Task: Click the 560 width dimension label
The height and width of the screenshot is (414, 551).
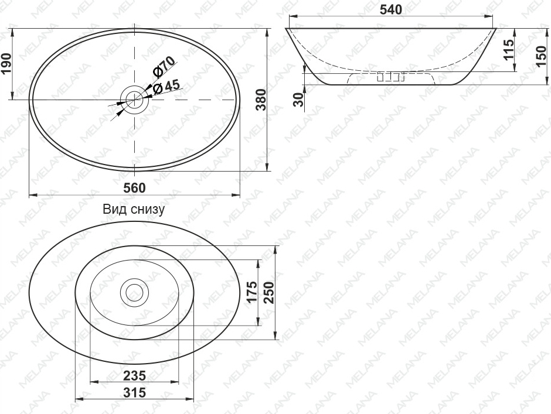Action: [134, 188]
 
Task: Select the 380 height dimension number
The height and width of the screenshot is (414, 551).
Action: [261, 100]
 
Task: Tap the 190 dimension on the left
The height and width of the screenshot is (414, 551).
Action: [6, 64]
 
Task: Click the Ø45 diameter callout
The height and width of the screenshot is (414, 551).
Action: [166, 87]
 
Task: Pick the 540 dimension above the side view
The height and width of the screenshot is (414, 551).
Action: [391, 10]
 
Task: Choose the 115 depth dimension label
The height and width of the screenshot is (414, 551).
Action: [508, 50]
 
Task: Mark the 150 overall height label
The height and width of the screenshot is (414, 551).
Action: [542, 56]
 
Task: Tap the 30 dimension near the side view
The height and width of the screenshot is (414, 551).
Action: [298, 100]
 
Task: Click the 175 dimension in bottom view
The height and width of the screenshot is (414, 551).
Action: [252, 292]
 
